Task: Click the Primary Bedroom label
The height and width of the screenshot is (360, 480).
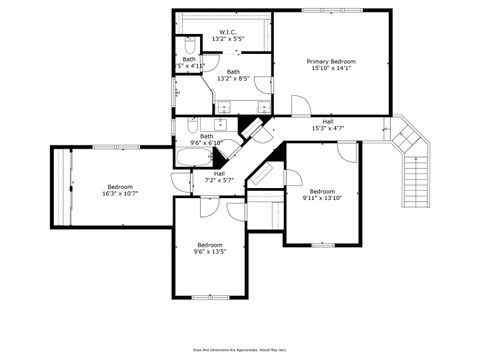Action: pyautogui.click(x=330, y=61)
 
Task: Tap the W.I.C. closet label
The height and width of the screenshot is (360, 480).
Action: pyautogui.click(x=229, y=33)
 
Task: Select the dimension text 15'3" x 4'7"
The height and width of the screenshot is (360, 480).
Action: pyautogui.click(x=328, y=128)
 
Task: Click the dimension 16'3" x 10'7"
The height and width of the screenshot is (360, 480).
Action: pyautogui.click(x=120, y=193)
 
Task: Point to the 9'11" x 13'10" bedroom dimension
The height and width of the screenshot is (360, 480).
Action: pyautogui.click(x=322, y=198)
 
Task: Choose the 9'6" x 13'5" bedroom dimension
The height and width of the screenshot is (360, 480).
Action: pyautogui.click(x=210, y=252)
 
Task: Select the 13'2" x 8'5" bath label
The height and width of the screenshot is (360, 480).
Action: pyautogui.click(x=233, y=78)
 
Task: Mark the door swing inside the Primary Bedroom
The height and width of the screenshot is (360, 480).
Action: pyautogui.click(x=300, y=105)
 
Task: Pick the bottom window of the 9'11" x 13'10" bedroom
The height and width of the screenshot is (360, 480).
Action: pyautogui.click(x=322, y=244)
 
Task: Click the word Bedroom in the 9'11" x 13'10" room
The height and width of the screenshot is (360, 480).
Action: pyautogui.click(x=322, y=191)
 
